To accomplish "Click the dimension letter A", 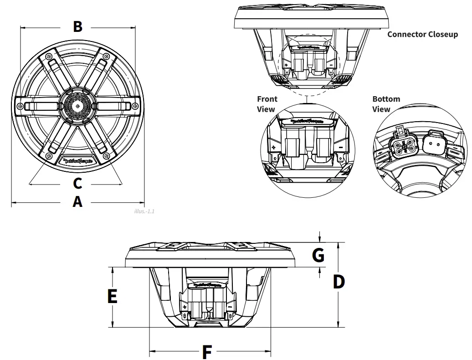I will pos(77,201).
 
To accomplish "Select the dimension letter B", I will pos(78,26).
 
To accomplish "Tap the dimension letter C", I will pos(77,183).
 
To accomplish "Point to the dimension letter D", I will pos(339,282).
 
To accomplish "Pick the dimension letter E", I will pos(112,296).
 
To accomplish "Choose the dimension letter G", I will pos(318,255).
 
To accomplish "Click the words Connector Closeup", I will pos(422,34).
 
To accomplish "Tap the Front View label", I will pos(267,104).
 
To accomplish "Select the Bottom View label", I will pos(386,104).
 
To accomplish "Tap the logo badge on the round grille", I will pos(78,160).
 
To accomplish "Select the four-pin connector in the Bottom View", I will pos(402,146).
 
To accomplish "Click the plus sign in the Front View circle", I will pos(274,147).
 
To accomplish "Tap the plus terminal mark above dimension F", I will pos(185,308).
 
